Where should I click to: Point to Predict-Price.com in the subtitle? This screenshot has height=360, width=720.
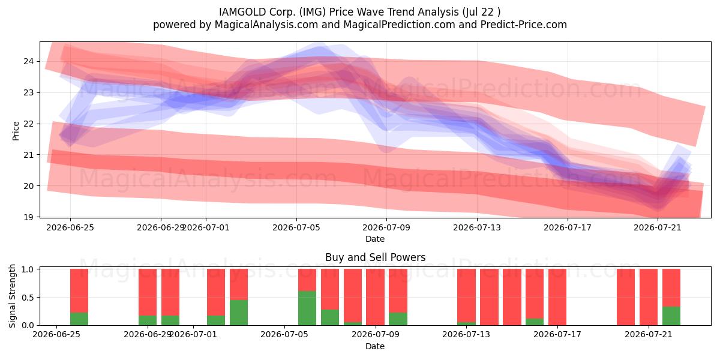[524, 25]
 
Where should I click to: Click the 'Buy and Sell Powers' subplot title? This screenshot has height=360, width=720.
[375, 257]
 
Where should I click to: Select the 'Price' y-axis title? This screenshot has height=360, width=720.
[16, 131]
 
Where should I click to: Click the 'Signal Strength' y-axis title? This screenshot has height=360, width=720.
[12, 296]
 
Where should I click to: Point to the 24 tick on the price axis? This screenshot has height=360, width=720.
[28, 61]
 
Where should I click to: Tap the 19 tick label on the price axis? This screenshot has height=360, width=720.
[28, 217]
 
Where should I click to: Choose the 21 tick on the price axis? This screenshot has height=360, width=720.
[28, 155]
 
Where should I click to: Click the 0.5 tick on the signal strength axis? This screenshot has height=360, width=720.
[28, 298]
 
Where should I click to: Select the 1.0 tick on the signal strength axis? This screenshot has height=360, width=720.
[28, 269]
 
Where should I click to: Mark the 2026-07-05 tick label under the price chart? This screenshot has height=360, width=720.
[296, 227]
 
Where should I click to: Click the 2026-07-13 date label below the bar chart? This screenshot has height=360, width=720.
[466, 335]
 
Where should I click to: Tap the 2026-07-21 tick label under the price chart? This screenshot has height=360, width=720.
[658, 227]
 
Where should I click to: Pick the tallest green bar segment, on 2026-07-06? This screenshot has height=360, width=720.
[307, 308]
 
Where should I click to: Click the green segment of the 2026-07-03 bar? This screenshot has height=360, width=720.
[239, 313]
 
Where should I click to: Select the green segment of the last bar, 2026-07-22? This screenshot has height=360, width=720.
[671, 316]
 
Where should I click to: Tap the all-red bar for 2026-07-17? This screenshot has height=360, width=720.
[557, 297]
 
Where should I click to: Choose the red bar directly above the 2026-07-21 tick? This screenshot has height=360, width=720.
[649, 297]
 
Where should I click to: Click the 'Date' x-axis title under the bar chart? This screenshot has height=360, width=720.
[375, 346]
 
